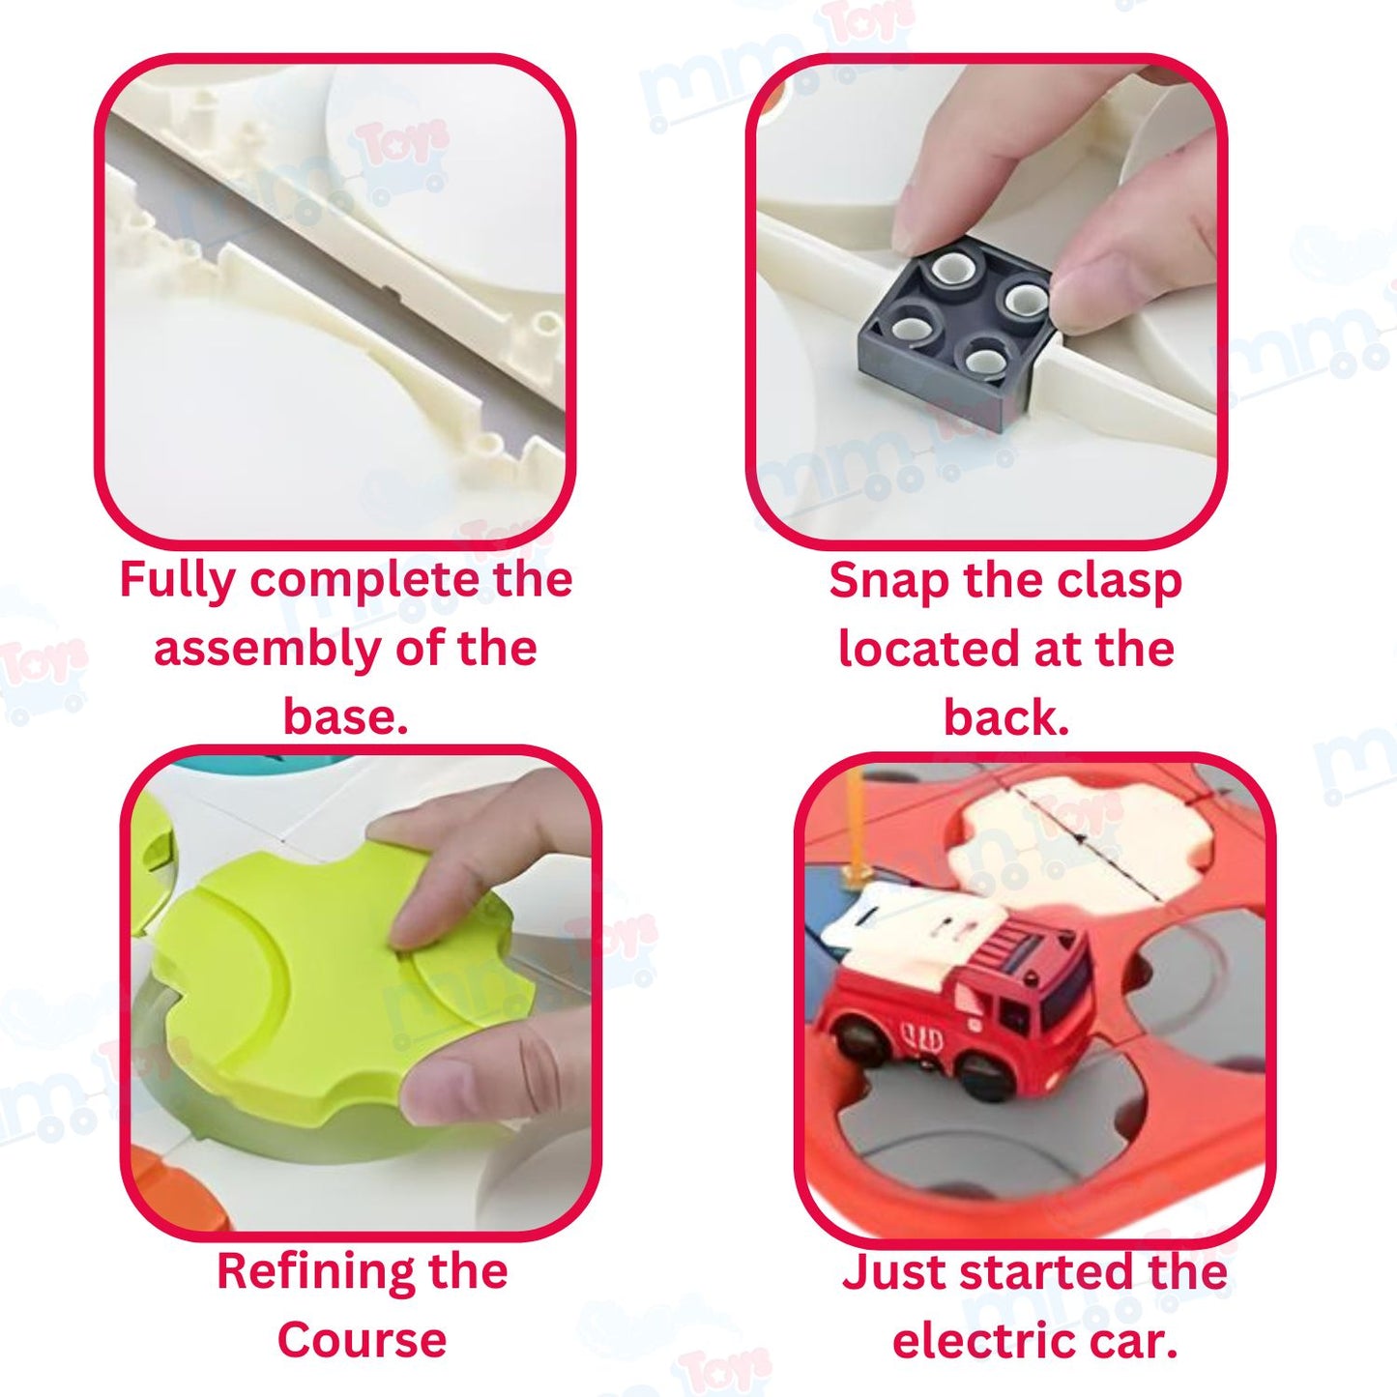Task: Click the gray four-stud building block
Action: [955, 332]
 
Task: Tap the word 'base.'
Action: [345, 716]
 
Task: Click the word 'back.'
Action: [1006, 716]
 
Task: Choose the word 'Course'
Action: [362, 1341]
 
